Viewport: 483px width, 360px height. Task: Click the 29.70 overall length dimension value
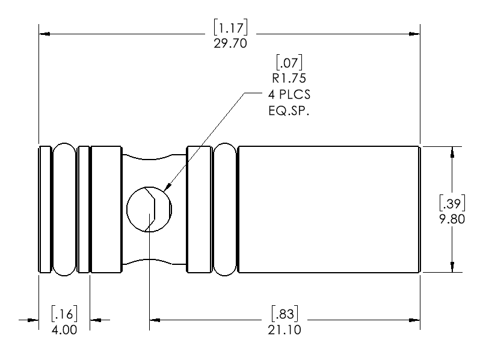tap(230, 44)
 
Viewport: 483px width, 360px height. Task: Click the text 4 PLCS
tap(289, 95)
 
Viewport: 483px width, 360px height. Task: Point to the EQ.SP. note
tap(289, 113)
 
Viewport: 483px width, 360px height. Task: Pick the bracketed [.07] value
tap(289, 61)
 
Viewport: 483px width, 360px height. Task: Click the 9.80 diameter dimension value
tap(452, 219)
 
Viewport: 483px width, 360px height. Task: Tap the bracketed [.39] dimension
tap(452, 203)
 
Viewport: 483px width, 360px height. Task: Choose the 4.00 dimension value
tap(64, 329)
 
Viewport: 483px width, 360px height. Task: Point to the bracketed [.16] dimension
tap(64, 314)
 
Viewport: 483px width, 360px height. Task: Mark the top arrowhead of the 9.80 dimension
tap(452, 150)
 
